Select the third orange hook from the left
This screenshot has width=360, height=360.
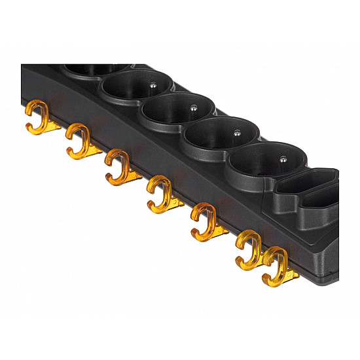(117, 166)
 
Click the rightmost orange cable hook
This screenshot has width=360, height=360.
(274, 265)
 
